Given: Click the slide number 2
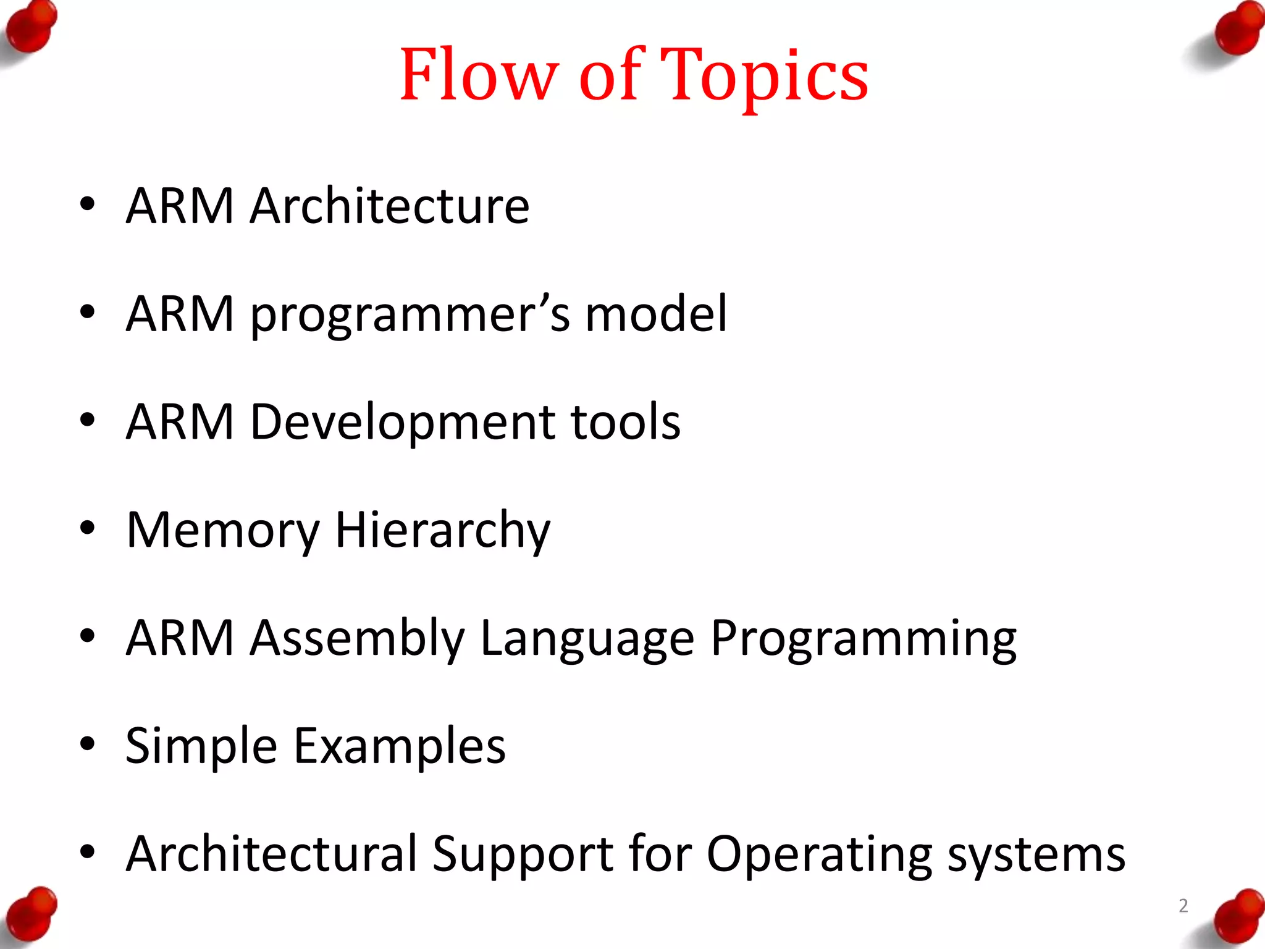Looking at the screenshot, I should (x=1183, y=906).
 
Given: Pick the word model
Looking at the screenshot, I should (x=656, y=314).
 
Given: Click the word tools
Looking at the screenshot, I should (x=625, y=422).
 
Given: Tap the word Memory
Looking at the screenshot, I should (x=223, y=531).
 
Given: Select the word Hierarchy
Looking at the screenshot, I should (x=442, y=531).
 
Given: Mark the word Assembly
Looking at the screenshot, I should (x=357, y=639).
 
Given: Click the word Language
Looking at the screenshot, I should (x=587, y=639).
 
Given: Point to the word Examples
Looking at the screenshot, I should (x=399, y=746).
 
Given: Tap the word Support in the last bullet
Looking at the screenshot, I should (x=523, y=854).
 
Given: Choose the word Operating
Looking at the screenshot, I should (x=819, y=854).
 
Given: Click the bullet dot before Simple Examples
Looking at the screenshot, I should (x=87, y=744).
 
